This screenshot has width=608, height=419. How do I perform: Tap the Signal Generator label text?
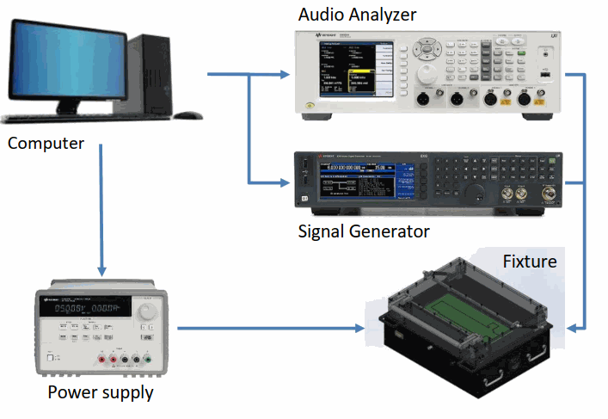coord(363,231)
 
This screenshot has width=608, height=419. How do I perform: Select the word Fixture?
coord(529,260)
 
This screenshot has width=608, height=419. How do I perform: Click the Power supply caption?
coord(101,393)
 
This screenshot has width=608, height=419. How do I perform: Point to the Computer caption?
coord(46,143)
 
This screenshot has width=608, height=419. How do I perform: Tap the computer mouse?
coord(189,114)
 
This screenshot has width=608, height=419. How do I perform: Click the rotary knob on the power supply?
coord(147,307)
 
